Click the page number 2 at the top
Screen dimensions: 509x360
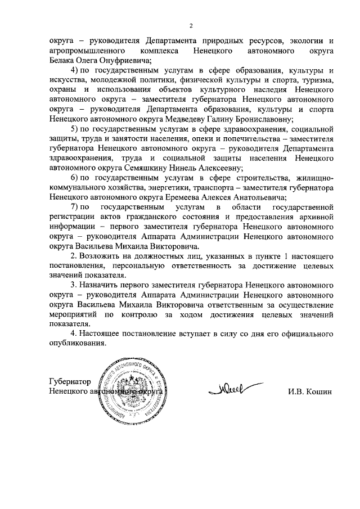[191, 25]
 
